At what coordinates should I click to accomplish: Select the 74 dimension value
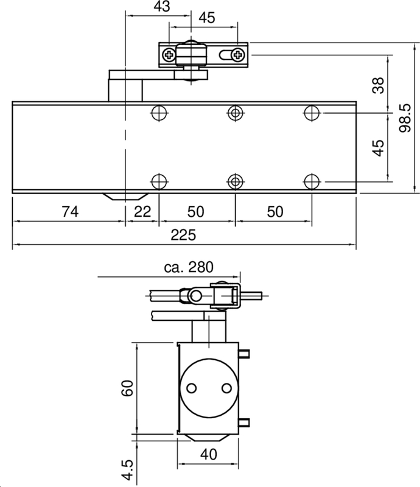coord(70,211)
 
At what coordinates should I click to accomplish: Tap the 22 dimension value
coord(142,211)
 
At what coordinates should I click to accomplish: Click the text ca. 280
coord(189,267)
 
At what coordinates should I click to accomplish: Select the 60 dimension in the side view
coord(127,388)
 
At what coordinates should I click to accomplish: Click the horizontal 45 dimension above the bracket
coord(207,18)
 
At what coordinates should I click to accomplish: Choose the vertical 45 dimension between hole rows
coord(378,148)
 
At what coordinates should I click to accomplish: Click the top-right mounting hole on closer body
coord(312,113)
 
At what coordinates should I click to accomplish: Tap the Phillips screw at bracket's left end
coord(169,55)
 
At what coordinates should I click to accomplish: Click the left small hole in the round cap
coord(192,388)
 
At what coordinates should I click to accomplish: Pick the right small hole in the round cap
coord(226,388)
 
